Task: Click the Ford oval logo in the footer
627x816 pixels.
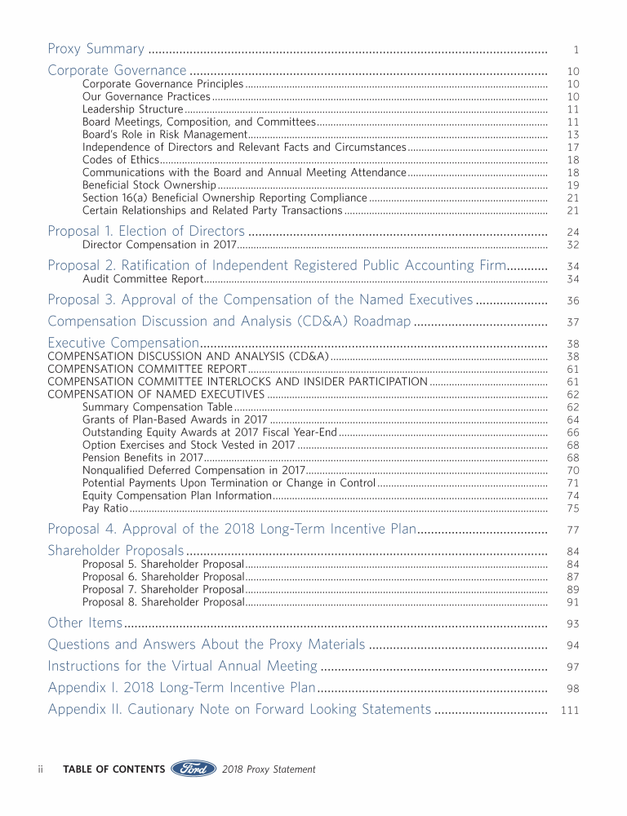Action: [x=193, y=769]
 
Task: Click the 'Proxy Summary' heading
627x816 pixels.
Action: [x=96, y=49]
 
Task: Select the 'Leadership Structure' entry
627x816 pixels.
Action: [x=132, y=109]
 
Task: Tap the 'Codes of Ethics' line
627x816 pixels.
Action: [x=120, y=160]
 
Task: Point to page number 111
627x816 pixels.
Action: [x=570, y=710]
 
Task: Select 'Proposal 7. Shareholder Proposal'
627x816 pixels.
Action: [x=163, y=589]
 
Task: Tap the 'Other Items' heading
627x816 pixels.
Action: [x=85, y=623]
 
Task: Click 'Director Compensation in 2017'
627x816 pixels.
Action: [x=159, y=245]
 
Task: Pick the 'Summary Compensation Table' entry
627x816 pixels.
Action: [x=158, y=406]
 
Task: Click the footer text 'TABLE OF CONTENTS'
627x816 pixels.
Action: [x=113, y=769]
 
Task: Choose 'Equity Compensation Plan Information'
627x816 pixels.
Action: [x=176, y=495]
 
